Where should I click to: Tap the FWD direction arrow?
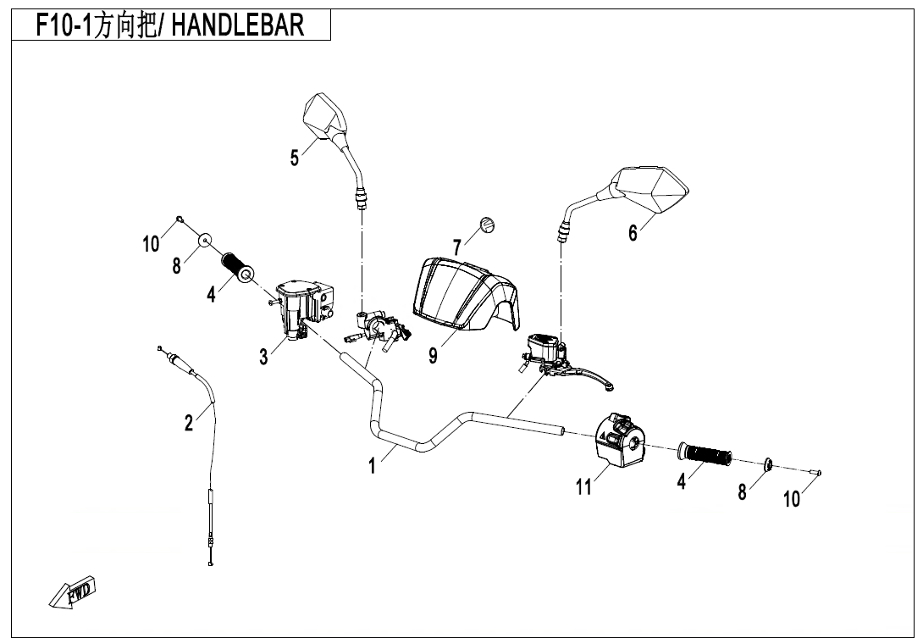point(74,592)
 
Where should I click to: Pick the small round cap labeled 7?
point(487,224)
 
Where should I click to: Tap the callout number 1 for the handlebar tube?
point(371,465)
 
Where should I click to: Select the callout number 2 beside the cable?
point(189,421)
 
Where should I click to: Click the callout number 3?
point(264,358)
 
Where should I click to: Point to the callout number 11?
point(583,486)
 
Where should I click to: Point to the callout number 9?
point(433,356)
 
